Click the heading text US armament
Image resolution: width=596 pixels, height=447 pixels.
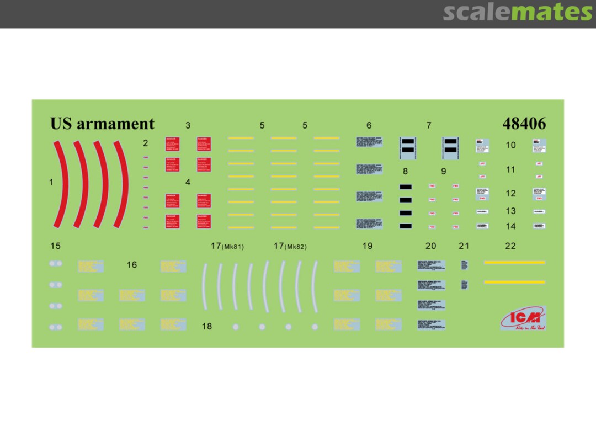102,124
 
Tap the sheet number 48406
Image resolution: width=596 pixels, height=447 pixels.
524,124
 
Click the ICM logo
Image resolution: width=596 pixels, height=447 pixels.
522,318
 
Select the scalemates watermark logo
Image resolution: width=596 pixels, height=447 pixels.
517,12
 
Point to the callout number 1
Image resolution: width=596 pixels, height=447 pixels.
51,182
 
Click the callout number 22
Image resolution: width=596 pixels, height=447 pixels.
510,246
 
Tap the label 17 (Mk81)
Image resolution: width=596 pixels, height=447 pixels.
227,246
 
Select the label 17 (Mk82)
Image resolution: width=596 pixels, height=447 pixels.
290,246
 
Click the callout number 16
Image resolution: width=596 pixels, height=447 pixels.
131,265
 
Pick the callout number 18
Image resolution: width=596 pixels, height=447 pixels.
206,327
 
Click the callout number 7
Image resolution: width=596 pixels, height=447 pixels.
429,125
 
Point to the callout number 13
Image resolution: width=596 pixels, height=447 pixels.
510,211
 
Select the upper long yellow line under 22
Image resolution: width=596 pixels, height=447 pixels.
514,263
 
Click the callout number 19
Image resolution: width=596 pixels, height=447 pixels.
368,246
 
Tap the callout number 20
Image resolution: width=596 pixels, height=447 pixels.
430,246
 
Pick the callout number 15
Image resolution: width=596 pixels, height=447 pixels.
55,246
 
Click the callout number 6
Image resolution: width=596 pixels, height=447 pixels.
369,125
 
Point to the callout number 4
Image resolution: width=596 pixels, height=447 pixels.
188,182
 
